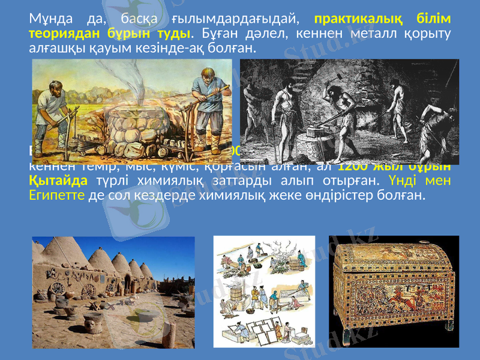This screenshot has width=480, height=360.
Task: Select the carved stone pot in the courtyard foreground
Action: (93, 325)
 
